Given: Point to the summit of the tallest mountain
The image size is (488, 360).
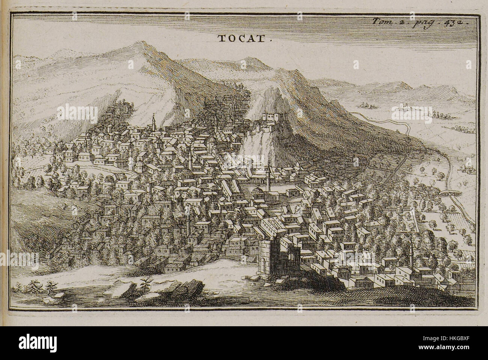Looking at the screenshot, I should point(141,44).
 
